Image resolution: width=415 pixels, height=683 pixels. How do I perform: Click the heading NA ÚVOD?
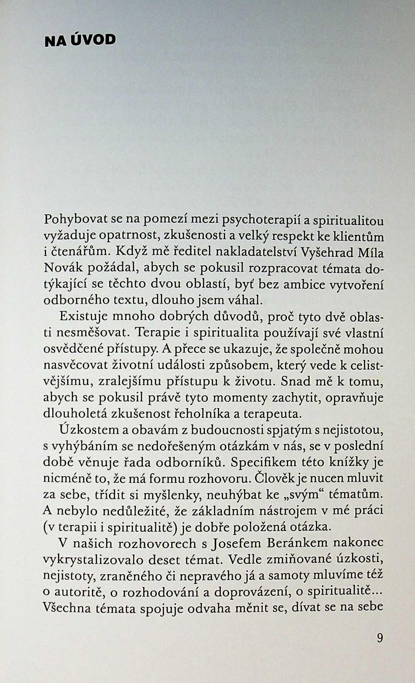[80, 40]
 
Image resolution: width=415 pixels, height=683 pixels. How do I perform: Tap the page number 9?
[379, 638]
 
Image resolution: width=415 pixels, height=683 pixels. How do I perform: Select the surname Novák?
[63, 268]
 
